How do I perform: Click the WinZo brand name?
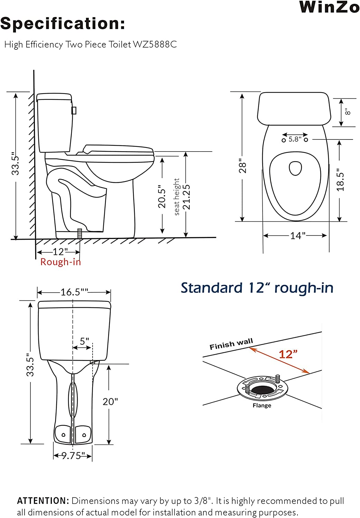coord(329,7)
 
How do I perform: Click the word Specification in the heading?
coord(62,24)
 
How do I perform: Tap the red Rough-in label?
coord(60,262)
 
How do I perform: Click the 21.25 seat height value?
coord(186,197)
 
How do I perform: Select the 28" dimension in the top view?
coord(243,167)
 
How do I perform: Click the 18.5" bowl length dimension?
coord(340,180)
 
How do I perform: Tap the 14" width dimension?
coord(297,236)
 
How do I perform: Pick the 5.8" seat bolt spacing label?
coord(295,139)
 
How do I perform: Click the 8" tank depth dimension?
coord(348,112)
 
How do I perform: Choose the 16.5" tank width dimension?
coord(74,292)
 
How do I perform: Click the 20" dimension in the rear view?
coord(110,402)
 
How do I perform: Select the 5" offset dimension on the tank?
coord(84,341)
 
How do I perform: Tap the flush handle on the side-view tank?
coord(74,110)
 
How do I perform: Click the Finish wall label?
coord(231,344)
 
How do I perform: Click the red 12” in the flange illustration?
coord(288,354)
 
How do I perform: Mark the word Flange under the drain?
coord(262,405)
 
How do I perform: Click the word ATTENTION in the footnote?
coord(43,501)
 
